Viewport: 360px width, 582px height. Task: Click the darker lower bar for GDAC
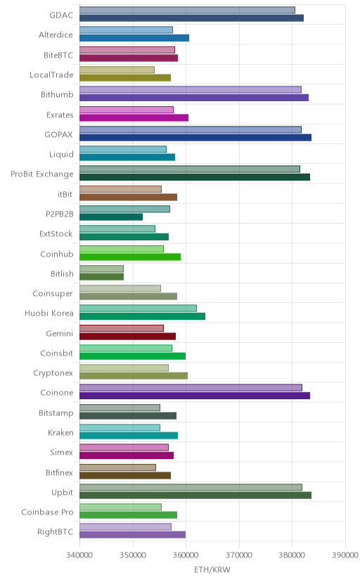(x=191, y=18)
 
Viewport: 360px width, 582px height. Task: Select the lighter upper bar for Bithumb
(x=191, y=89)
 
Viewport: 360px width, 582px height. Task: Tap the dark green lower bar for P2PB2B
(x=111, y=217)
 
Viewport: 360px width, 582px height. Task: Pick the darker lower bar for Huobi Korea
(x=142, y=316)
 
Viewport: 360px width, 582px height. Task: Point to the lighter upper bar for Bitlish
(x=101, y=269)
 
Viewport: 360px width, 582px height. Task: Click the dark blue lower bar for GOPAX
(x=195, y=137)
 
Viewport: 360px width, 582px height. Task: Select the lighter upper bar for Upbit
(x=191, y=487)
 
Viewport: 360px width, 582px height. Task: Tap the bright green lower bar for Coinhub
(x=130, y=257)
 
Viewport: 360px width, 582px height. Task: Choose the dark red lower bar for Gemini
(x=127, y=336)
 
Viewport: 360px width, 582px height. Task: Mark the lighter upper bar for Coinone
(x=191, y=388)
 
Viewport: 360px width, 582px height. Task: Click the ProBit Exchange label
(x=42, y=174)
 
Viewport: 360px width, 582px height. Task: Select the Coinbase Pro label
(x=48, y=512)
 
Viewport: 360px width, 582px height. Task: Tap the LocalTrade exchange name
(x=51, y=75)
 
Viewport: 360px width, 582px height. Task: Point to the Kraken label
(x=61, y=433)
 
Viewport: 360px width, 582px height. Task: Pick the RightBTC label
(x=56, y=532)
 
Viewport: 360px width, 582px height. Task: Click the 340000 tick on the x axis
(x=79, y=555)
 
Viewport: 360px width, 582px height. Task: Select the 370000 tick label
(x=239, y=555)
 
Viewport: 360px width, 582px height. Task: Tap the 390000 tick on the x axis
(x=345, y=555)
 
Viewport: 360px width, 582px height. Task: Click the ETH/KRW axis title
(x=212, y=570)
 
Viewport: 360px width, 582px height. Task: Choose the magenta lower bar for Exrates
(x=134, y=117)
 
